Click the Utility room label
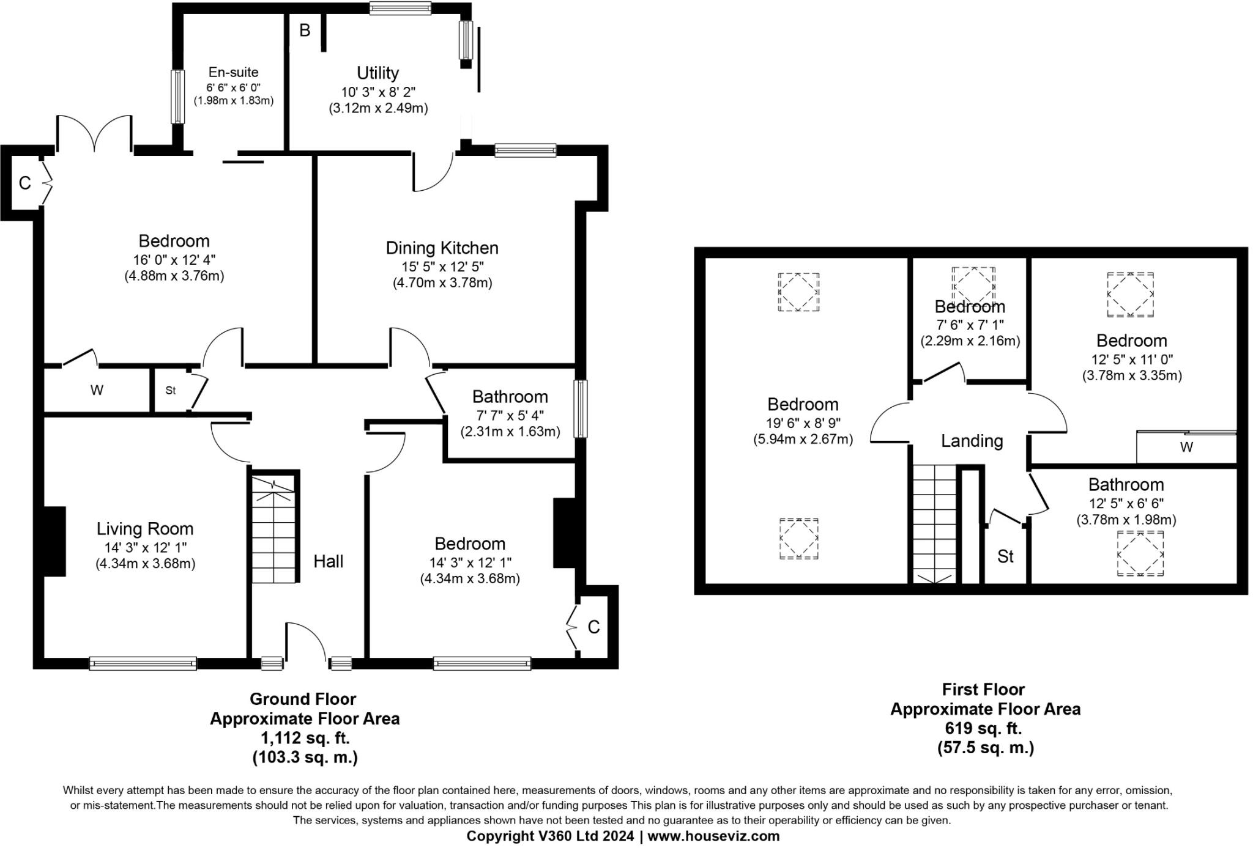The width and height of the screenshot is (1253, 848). click(377, 73)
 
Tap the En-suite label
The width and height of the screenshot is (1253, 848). click(233, 72)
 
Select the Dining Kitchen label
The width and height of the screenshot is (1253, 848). click(442, 248)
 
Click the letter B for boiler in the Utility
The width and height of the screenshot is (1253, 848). click(305, 30)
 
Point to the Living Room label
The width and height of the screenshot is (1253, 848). click(145, 529)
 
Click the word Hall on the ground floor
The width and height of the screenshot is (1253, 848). click(329, 561)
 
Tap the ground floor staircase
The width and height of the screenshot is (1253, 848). click(273, 529)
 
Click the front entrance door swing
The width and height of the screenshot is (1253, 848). click(306, 642)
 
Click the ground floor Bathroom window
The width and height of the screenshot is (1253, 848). click(580, 408)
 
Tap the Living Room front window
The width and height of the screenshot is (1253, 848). click(143, 663)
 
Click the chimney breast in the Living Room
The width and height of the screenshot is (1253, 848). click(54, 541)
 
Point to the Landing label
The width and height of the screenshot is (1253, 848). click(972, 441)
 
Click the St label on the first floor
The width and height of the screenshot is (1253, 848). click(1005, 556)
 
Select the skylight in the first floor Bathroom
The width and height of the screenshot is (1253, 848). click(1140, 553)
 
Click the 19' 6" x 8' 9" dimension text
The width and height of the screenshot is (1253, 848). click(803, 422)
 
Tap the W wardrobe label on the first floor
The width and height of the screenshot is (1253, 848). click(1186, 447)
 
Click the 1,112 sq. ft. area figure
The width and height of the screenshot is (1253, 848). click(305, 738)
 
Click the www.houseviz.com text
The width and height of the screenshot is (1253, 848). click(713, 836)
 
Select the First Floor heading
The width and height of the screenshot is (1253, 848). click(983, 690)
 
